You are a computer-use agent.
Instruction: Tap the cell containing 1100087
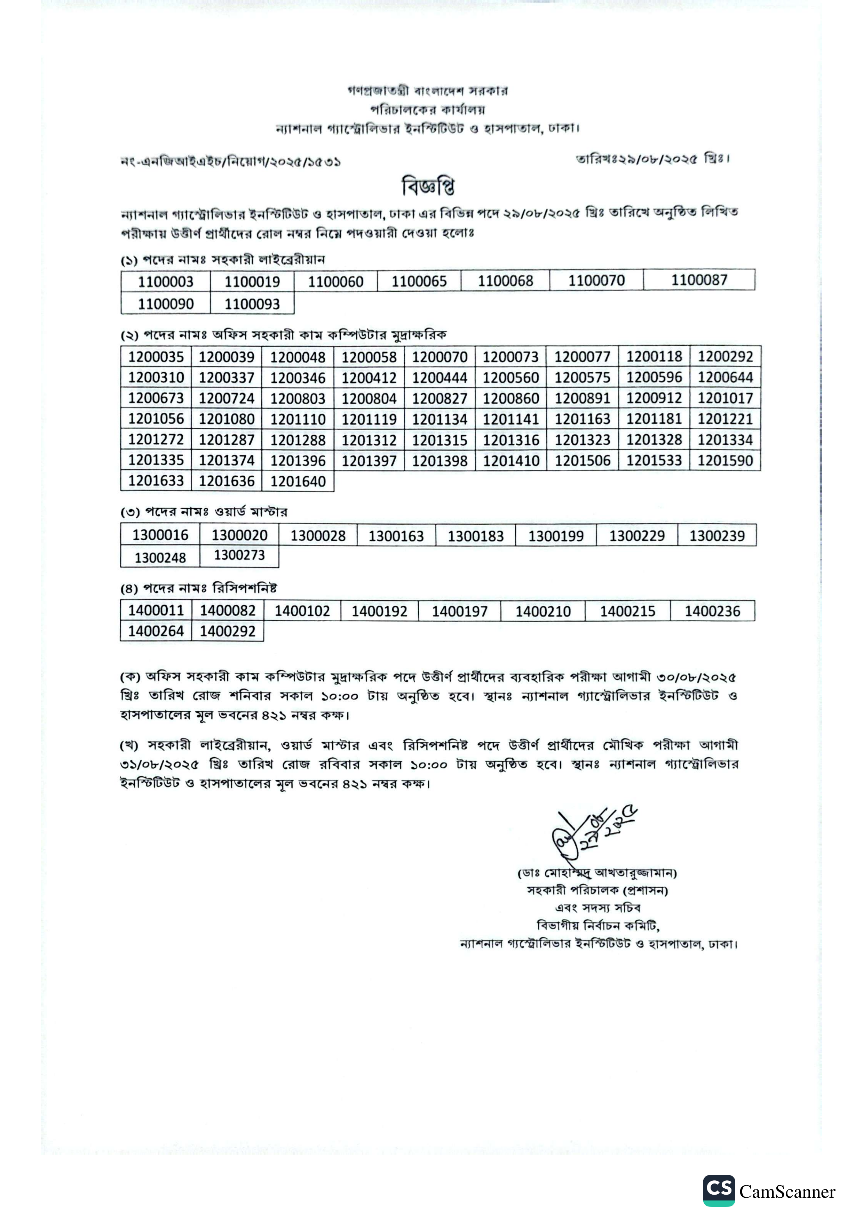coord(699,280)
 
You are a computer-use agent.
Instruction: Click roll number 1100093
coord(252,304)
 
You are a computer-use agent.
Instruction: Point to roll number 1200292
coord(725,356)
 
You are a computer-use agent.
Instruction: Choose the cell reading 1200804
coord(369,398)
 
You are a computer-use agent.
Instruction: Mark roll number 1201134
coord(440,419)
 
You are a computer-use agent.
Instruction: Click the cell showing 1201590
coord(725,460)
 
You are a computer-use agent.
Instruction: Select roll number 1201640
coord(298,482)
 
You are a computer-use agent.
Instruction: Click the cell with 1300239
coord(717,536)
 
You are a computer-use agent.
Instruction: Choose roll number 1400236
coord(712,611)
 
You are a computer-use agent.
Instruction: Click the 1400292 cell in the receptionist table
coord(228,631)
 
